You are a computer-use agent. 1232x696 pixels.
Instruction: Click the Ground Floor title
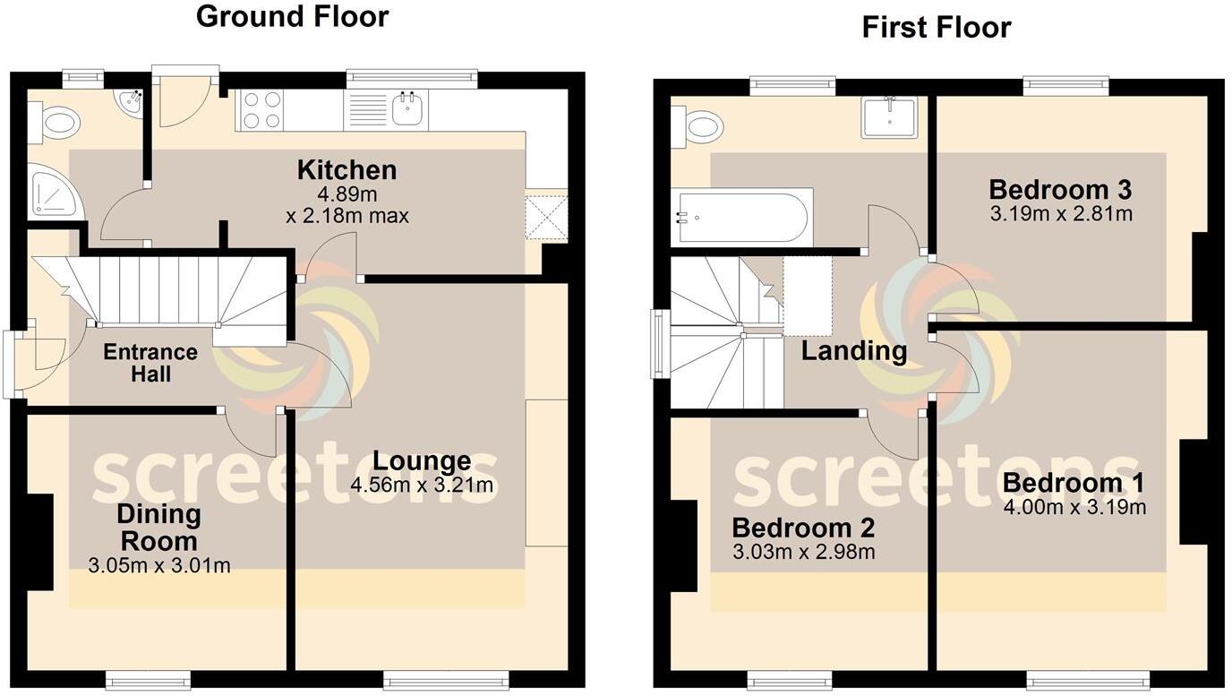pyautogui.click(x=292, y=16)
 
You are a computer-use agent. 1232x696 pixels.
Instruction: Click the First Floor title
pyautogui.click(x=936, y=28)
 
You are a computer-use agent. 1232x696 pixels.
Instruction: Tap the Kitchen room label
pyautogui.click(x=346, y=170)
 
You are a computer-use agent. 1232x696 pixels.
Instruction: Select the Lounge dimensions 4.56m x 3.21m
pyautogui.click(x=423, y=485)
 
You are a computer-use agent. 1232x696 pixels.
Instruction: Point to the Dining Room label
pyautogui.click(x=158, y=528)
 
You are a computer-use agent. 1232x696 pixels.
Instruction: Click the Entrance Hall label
pyautogui.click(x=150, y=363)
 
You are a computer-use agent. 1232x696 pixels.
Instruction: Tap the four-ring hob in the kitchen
pyautogui.click(x=261, y=110)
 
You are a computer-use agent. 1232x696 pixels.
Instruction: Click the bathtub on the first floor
pyautogui.click(x=742, y=216)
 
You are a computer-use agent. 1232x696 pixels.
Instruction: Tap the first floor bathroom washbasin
pyautogui.click(x=888, y=117)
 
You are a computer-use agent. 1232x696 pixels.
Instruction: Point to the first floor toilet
pyautogui.click(x=697, y=125)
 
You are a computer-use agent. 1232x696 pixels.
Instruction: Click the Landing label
pyautogui.click(x=853, y=350)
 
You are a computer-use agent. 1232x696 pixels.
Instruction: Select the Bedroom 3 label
pyautogui.click(x=1060, y=190)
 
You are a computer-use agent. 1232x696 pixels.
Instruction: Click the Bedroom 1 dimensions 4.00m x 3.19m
pyautogui.click(x=1074, y=507)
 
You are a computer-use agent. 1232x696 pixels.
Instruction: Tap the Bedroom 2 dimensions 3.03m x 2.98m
pyautogui.click(x=803, y=552)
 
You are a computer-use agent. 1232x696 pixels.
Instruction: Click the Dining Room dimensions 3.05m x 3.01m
pyautogui.click(x=159, y=565)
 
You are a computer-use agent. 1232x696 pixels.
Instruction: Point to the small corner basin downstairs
pyautogui.click(x=131, y=104)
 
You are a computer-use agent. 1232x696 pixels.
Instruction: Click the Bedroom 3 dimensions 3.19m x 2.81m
pyautogui.click(x=1060, y=214)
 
